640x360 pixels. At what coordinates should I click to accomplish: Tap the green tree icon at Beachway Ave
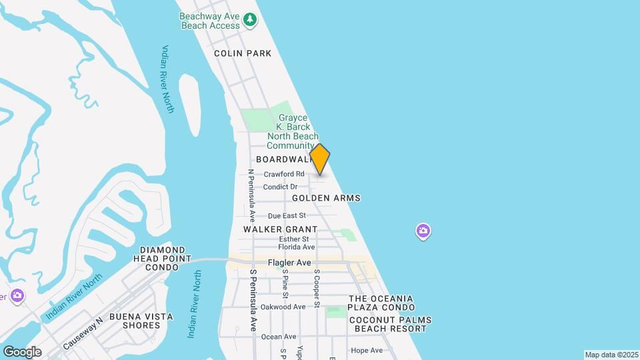[250, 20]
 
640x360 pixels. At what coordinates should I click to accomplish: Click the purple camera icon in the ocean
[423, 231]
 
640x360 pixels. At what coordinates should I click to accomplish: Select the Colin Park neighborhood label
[243, 53]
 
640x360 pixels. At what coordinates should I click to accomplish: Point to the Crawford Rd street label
[284, 175]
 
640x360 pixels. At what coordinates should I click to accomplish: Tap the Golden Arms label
[326, 198]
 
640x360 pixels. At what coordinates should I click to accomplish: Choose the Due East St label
[286, 215]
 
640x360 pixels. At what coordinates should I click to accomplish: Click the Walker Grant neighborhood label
[271, 229]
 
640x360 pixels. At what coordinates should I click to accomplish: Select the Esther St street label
[294, 239]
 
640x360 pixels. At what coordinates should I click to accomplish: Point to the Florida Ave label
[296, 247]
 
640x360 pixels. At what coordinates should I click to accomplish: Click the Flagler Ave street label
[290, 263]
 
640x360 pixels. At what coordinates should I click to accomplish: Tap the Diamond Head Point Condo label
[162, 258]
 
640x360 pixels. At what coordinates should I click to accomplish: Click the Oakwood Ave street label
[283, 307]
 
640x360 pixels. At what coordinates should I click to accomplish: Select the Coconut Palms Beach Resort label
[390, 324]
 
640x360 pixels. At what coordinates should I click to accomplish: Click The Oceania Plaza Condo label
[381, 303]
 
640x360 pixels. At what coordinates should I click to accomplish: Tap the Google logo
[22, 351]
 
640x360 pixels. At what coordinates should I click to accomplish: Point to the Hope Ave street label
[367, 351]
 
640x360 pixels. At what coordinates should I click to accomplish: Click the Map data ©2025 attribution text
[610, 355]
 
